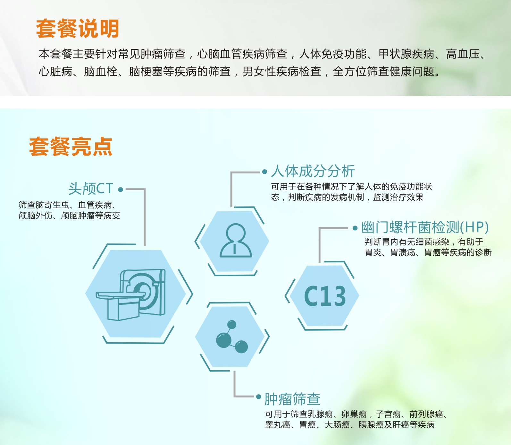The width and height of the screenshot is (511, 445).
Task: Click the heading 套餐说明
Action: point(78,29)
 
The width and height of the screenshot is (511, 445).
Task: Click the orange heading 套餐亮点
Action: point(71,147)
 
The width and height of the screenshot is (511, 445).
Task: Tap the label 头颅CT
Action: point(91,189)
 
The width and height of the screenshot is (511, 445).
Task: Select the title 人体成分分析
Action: point(313,171)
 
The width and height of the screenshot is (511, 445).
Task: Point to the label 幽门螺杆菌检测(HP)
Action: point(425,227)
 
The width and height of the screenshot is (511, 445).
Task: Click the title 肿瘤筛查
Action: point(292,399)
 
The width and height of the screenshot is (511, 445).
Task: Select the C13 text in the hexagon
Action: point(325,296)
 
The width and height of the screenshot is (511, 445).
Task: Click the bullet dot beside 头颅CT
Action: point(121,190)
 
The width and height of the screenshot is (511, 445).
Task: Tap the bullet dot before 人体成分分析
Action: point(264,172)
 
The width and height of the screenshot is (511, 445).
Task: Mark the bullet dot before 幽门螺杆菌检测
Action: point(355,228)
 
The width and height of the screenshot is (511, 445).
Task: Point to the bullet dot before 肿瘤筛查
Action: point(258,397)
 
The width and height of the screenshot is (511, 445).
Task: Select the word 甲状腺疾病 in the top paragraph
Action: point(406,54)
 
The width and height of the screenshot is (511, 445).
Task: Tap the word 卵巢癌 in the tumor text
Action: point(354,414)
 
